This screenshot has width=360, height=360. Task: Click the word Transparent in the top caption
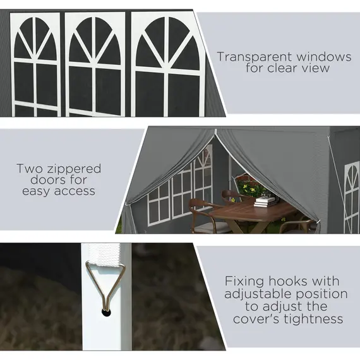click(x=255, y=57)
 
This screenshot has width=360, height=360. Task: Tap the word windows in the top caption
click(x=324, y=56)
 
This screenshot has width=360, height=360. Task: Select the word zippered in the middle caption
click(x=74, y=169)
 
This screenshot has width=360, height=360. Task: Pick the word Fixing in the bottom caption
click(x=244, y=282)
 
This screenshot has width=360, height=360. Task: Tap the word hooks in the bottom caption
click(x=289, y=281)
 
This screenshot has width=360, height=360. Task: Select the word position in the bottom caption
click(x=321, y=294)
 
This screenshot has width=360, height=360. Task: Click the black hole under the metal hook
click(x=106, y=312)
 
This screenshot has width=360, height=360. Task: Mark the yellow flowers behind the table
click(x=249, y=188)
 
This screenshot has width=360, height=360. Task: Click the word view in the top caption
click(x=316, y=68)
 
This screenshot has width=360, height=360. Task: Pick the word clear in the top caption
click(x=284, y=68)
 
